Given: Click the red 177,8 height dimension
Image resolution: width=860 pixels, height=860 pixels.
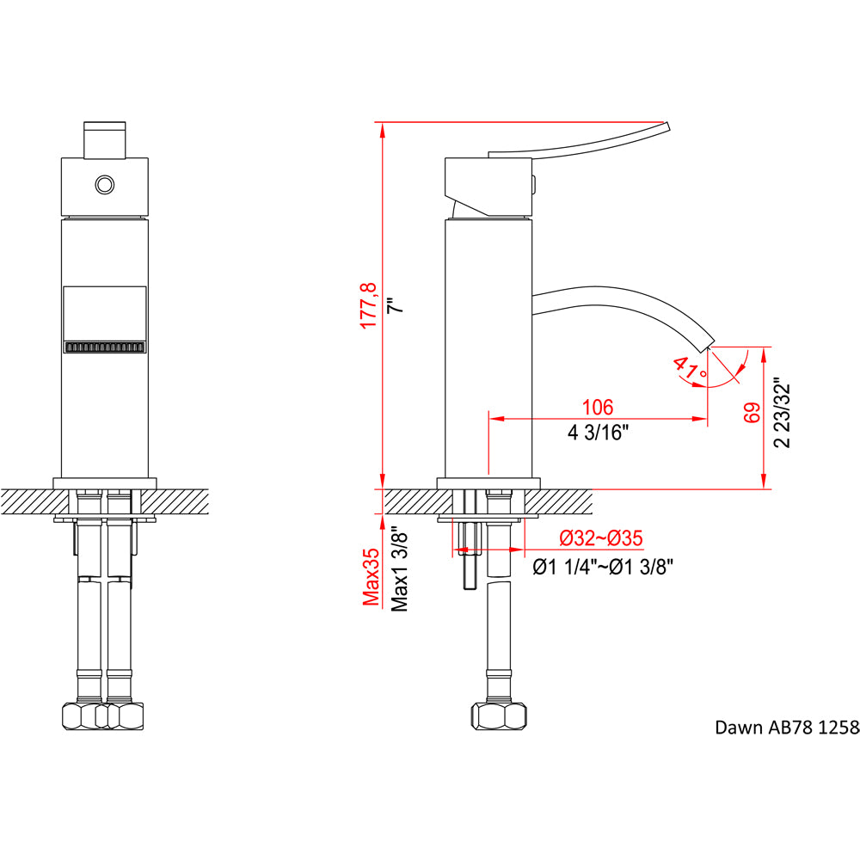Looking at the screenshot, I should click(x=368, y=304).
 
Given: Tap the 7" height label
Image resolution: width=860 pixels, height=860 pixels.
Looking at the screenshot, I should click(x=395, y=304).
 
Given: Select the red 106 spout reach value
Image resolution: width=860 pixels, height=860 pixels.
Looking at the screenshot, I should click(x=597, y=407).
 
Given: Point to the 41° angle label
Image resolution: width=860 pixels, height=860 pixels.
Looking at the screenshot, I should click(x=690, y=371).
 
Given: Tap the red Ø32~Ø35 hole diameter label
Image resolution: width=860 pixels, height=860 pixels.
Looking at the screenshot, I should click(x=601, y=538).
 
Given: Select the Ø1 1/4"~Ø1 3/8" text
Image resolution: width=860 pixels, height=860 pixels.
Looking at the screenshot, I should click(x=603, y=566).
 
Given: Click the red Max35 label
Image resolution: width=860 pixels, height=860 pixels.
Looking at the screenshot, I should click(x=371, y=577).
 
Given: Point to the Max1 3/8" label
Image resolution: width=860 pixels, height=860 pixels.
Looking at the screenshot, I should click(x=399, y=568).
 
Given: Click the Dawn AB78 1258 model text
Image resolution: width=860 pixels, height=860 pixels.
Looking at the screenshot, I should click(x=787, y=728).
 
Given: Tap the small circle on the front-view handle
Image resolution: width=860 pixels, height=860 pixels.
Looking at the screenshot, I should click(x=105, y=184).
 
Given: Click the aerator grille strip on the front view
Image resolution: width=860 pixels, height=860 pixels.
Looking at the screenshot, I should click(x=105, y=348).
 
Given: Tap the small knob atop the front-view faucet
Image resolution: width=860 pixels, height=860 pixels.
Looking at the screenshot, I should click(x=105, y=140).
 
